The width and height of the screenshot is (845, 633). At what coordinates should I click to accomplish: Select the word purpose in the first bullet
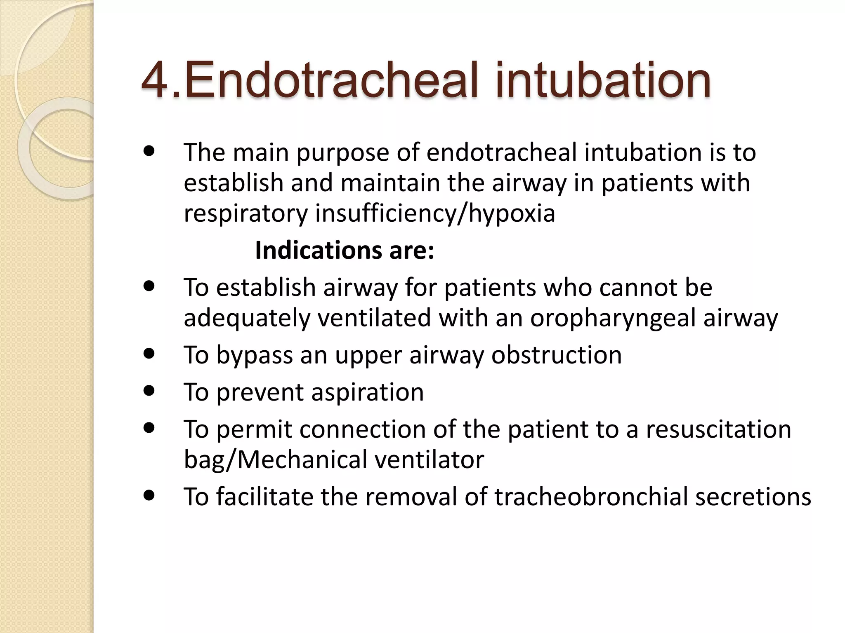(343, 152)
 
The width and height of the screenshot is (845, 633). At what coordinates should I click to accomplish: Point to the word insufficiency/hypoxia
(435, 213)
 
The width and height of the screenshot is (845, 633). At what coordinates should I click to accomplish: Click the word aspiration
(368, 392)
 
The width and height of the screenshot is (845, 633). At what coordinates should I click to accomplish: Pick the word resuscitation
(718, 429)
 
